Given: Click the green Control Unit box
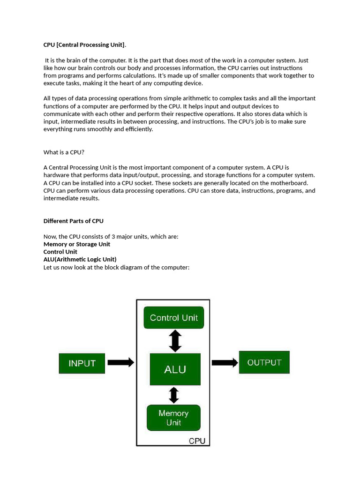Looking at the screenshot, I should coord(173,318).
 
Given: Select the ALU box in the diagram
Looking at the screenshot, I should coord(175,369).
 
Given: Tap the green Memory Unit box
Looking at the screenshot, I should coord(173,418).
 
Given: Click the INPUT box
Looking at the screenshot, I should coord(82,363).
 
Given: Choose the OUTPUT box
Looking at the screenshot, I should coord(264,362).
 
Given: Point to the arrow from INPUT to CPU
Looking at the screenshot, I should coord(120,362).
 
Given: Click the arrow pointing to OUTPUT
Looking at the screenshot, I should coord(225,362).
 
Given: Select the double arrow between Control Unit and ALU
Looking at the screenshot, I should coord(175,341).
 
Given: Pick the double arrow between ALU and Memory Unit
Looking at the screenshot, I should coord(174,395).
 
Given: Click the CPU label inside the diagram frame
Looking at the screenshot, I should coord(198,441).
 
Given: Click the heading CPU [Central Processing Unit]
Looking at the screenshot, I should coord(84,45).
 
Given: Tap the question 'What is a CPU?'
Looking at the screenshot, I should coord(64,152).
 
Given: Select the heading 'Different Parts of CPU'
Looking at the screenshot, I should coord(74,221).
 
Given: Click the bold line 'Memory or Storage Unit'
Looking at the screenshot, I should coord(77,244).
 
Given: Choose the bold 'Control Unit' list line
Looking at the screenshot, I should coord(60,252).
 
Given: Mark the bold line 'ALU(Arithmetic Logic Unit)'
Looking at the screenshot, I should coord(80,259).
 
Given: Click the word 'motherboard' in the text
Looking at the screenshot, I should coord(291,183).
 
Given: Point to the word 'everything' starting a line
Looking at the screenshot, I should coord(58,129).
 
